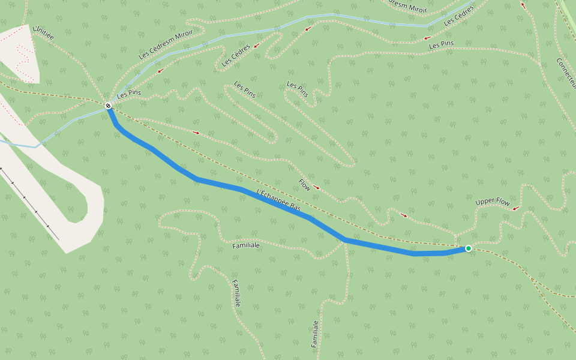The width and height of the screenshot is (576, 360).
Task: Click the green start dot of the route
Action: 469,248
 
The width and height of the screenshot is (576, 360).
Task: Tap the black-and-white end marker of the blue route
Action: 109,106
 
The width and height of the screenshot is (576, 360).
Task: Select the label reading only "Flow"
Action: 305,185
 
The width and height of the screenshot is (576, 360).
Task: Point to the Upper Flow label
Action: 493,202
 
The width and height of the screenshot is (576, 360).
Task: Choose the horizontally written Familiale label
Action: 246,245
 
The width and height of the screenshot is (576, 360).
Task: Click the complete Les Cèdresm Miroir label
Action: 166,44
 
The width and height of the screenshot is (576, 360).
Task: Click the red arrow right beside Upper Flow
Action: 515,209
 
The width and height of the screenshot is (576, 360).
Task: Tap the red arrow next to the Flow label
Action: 316,188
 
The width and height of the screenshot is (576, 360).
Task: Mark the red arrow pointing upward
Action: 523,5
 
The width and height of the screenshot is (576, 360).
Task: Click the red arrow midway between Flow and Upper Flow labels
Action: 404,215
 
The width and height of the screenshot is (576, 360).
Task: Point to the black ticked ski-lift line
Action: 30,204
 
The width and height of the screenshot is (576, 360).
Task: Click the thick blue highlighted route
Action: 240,189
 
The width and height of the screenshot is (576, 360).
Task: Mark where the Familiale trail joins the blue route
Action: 346,241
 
